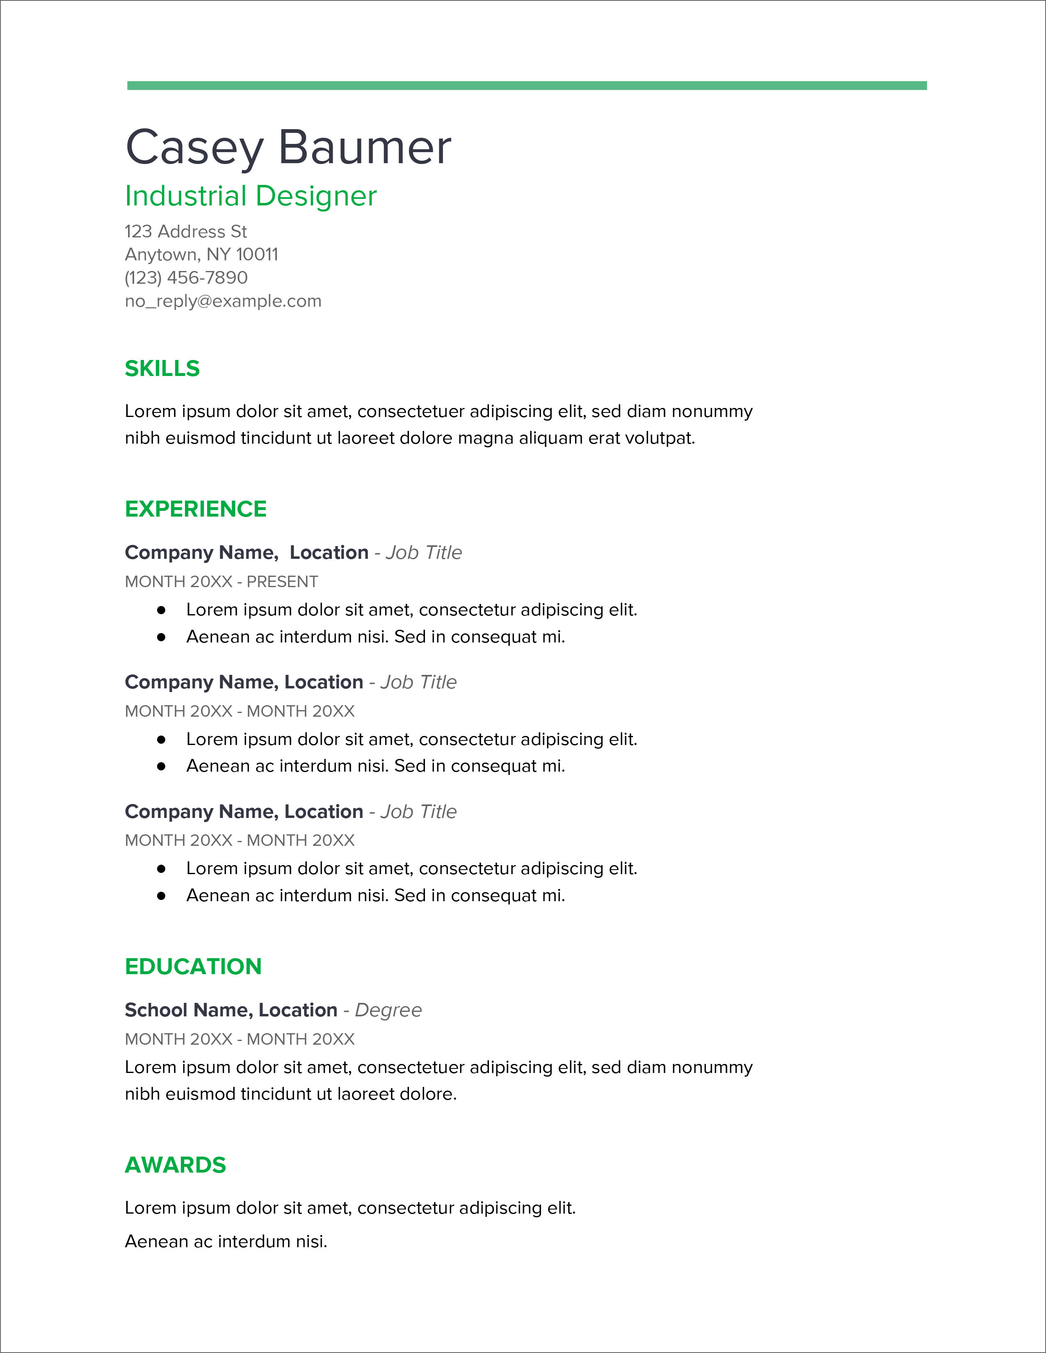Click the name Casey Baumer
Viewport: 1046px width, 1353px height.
click(x=288, y=148)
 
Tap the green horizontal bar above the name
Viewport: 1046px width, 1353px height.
click(x=527, y=86)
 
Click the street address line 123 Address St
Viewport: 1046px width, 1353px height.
click(x=186, y=232)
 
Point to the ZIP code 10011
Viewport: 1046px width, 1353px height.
click(x=257, y=255)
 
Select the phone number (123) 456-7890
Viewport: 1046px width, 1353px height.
click(x=186, y=278)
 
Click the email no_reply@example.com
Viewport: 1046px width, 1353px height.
click(x=223, y=301)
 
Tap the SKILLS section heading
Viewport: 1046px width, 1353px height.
click(x=162, y=369)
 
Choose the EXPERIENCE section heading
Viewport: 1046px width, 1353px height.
click(x=196, y=509)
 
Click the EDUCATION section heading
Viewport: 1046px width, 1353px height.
click(x=193, y=966)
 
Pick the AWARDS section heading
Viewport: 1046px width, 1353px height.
click(x=176, y=1165)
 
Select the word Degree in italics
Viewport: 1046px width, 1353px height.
click(x=388, y=1010)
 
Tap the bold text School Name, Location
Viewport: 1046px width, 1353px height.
click(x=231, y=1010)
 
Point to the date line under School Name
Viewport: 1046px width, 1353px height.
click(x=240, y=1039)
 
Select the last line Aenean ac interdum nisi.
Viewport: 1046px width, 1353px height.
click(x=226, y=1241)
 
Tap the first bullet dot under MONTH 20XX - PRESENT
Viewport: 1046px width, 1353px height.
click(x=162, y=610)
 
